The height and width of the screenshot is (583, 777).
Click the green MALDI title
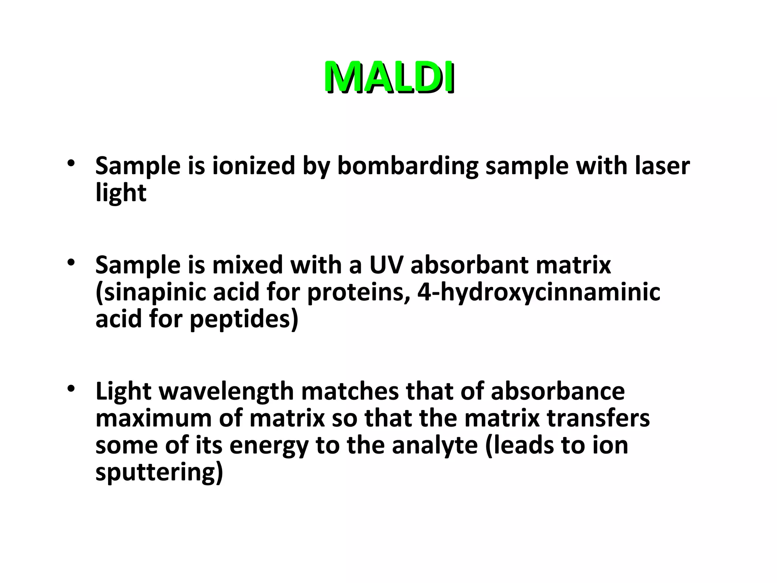click(389, 77)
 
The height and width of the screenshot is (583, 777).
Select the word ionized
click(253, 166)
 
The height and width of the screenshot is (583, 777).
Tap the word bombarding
click(408, 166)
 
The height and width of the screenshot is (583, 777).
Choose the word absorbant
click(470, 265)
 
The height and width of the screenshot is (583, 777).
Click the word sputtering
click(159, 472)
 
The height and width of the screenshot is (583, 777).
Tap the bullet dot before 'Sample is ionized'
click(71, 164)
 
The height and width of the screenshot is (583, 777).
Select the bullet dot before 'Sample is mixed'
click(71, 263)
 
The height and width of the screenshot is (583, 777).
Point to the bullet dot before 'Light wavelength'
click(71, 389)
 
